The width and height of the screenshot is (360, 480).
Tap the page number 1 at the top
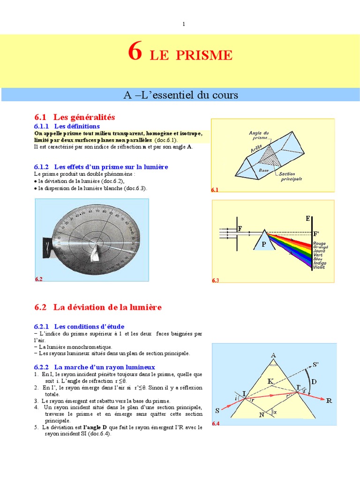(184, 24)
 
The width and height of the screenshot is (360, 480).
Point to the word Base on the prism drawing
(264, 171)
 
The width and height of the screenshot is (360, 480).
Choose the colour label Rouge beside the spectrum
(319, 243)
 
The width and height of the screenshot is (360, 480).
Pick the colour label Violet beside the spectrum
(319, 268)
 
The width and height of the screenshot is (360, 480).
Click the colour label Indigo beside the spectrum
(320, 263)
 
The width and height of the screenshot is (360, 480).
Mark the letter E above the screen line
(308, 218)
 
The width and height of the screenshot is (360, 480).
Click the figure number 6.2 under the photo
(39, 279)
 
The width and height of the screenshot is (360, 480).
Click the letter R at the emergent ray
(329, 401)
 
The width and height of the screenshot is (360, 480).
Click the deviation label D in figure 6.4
(314, 382)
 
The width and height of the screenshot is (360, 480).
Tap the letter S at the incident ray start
(217, 411)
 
